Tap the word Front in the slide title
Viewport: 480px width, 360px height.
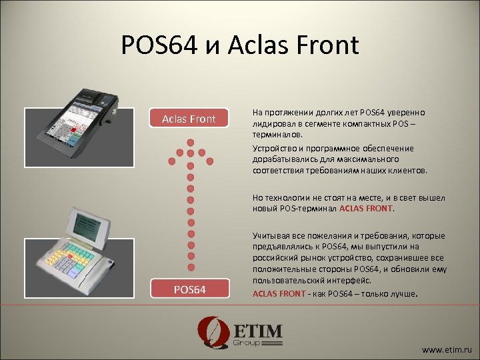coord(327,45)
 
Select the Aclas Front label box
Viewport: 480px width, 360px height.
coord(189,119)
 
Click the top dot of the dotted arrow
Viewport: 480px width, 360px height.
coord(190,143)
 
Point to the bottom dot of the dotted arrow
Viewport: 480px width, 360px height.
coord(190,274)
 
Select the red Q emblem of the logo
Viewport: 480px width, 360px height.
coord(211,333)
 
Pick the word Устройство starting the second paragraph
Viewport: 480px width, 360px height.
coord(273,148)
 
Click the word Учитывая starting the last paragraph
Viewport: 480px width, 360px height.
coord(273,236)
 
